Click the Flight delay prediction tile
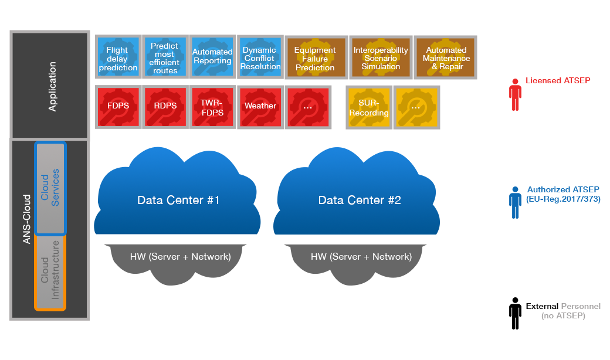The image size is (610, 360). (118, 57)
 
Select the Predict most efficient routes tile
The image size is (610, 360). (165, 57)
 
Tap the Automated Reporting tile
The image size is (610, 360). (212, 57)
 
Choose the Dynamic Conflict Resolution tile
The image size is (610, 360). (260, 57)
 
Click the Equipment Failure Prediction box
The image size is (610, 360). (315, 57)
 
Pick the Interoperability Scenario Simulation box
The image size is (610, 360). (381, 57)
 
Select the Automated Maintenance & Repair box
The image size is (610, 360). (446, 57)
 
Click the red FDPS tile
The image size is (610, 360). (118, 107)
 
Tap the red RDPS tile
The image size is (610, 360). (165, 107)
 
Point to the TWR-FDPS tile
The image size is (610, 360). (212, 107)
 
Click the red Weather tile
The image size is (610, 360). (260, 107)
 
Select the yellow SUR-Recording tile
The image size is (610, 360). (369, 107)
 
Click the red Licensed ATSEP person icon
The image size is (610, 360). (516, 94)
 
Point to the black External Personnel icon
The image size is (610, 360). (515, 313)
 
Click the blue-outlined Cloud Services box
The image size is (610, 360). (50, 188)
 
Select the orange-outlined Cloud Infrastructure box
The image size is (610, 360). (50, 271)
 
